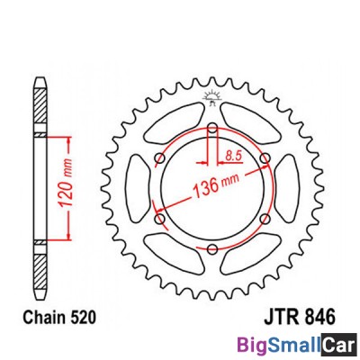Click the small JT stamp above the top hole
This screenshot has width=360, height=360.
212,98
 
